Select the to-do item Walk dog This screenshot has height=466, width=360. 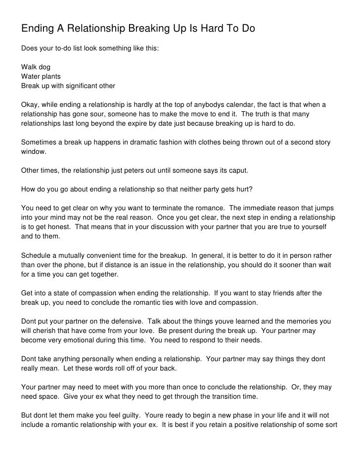click(x=36, y=66)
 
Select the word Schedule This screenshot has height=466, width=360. click(x=38, y=256)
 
